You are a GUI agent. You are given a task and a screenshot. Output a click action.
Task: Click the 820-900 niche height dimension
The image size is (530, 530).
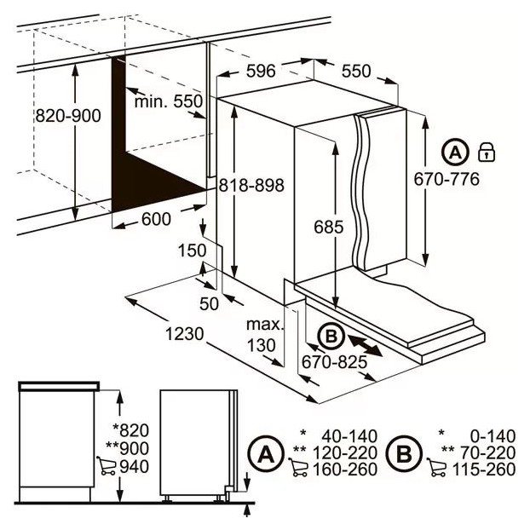[68, 116]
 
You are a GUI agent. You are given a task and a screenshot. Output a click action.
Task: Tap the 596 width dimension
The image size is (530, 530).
[261, 71]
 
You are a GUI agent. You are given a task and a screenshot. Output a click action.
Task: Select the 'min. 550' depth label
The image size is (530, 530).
[169, 101]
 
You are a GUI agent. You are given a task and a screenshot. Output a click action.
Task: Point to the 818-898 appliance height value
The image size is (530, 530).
[251, 185]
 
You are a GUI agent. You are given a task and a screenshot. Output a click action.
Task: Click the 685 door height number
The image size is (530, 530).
[329, 227]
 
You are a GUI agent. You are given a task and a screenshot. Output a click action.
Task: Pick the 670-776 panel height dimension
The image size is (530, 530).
[446, 179]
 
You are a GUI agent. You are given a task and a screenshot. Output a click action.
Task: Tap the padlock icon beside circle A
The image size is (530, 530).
[487, 152]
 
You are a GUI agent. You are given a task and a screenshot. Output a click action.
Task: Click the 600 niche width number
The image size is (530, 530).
[156, 219]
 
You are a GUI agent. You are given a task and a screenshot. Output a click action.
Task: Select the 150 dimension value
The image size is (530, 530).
[192, 251]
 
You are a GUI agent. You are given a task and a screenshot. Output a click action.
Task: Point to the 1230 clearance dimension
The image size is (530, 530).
[185, 334]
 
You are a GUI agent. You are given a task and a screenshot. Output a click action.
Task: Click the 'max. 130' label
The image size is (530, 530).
[264, 335]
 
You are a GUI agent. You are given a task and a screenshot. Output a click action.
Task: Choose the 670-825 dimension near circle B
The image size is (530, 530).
[334, 362]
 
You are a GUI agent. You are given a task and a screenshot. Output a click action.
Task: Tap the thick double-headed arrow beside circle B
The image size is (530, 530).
[366, 346]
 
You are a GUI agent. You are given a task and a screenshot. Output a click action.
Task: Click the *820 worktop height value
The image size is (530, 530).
[131, 430]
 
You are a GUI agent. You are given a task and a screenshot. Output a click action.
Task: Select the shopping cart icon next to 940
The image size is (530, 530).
[106, 466]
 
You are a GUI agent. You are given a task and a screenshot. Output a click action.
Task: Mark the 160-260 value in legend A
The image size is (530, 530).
[345, 470]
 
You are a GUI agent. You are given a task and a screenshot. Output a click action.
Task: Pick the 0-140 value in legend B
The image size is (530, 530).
[493, 436]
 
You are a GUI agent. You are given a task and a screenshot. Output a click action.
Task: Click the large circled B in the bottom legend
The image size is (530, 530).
[404, 453]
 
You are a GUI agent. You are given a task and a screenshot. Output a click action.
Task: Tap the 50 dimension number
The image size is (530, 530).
[209, 303]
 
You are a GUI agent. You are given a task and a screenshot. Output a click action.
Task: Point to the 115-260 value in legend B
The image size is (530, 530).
[484, 470]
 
